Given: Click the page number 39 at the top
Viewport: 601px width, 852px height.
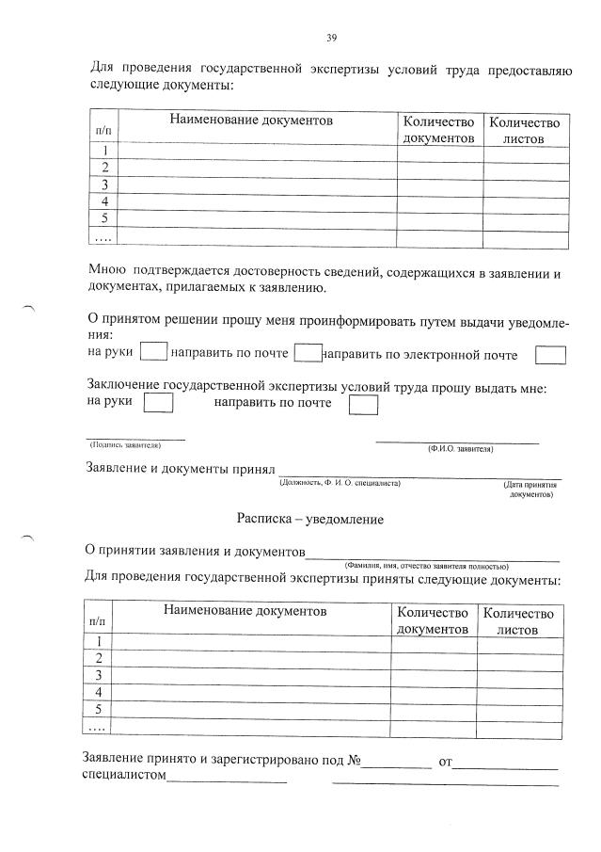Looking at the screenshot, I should point(331,38).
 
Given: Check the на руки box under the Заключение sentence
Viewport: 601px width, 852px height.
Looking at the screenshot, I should point(160,403).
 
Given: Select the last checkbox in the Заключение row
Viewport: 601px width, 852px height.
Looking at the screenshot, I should point(362,404).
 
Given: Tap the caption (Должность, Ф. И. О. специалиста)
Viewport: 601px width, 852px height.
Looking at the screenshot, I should point(340,483).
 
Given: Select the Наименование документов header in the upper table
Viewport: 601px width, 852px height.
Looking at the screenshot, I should point(251,121).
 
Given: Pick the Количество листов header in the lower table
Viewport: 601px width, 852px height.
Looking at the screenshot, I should point(518,620).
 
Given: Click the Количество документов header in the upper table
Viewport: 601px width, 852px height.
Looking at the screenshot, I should point(438,130).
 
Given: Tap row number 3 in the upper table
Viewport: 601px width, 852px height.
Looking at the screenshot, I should point(105,185).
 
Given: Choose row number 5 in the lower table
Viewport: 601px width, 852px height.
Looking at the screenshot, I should point(98,709).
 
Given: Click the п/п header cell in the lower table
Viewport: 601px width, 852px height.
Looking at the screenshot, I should point(98,621).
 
